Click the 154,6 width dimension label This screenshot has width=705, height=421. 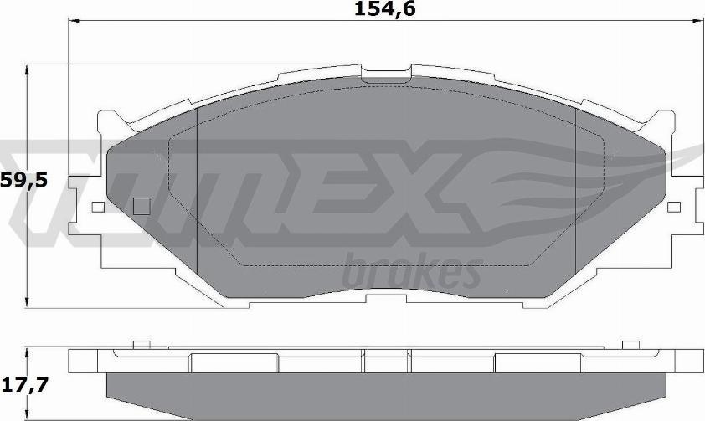point(385,9)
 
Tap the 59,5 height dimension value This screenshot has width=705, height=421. point(23,181)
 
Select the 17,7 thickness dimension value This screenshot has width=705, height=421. point(24,385)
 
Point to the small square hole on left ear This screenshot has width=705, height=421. point(98,207)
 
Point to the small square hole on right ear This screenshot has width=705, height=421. point(674,207)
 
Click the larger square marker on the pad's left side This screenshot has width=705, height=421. point(142,206)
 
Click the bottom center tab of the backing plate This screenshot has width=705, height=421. point(387,298)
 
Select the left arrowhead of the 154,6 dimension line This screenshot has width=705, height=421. point(74,21)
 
